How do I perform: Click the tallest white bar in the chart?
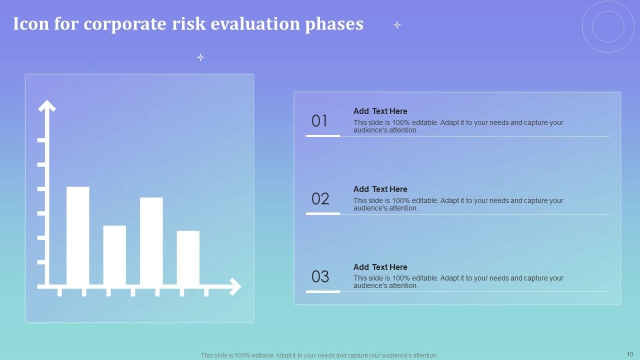coord(77,235)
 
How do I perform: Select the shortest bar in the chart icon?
coord(188,257)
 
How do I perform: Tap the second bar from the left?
coord(114,255)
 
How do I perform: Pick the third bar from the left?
coord(151,241)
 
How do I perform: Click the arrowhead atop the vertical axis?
coord(47,105)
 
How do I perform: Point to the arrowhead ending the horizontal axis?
coord(235,286)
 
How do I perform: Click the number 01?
coord(319,121)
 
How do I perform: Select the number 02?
coord(320,198)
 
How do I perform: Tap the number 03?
coord(320,276)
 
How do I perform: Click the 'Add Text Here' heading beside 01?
coord(380,111)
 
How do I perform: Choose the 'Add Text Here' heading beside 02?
coord(380,189)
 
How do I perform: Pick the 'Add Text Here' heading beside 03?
coord(380,267)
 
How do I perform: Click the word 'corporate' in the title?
coord(124,24)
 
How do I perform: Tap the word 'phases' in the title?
coord(334,24)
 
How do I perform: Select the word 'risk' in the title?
coord(188,23)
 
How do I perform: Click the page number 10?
coord(630,354)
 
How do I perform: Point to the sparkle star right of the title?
coord(397,25)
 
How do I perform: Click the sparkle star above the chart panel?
coord(200,57)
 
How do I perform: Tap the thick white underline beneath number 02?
coord(323,213)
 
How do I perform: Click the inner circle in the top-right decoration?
coord(592,26)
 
